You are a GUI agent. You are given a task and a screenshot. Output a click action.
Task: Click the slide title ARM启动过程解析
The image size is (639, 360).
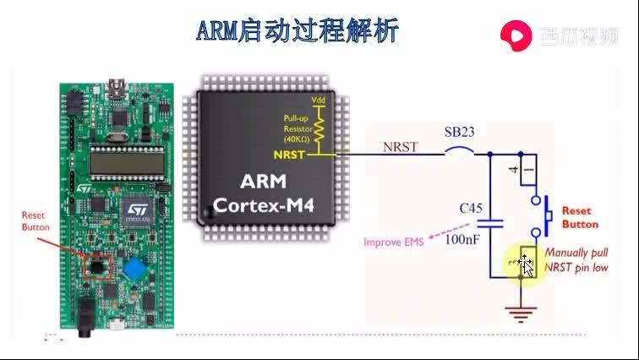tap(298, 31)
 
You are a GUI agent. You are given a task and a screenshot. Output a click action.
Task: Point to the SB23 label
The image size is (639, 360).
tap(460, 133)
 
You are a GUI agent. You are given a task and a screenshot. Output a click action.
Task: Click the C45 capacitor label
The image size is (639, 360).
tap(471, 207)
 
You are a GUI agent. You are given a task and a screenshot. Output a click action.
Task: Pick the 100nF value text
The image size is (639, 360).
tap(464, 240)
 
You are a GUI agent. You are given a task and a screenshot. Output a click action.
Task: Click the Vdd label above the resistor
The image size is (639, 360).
tap(319, 100)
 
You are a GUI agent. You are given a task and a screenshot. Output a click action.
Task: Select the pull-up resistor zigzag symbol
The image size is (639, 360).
tap(319, 128)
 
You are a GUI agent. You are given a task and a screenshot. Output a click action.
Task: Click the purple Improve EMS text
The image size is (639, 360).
tap(394, 243)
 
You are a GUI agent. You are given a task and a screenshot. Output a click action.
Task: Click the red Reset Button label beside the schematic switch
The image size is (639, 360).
tap(580, 217)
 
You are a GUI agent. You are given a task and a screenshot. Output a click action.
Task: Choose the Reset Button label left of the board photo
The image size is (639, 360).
tap(35, 221)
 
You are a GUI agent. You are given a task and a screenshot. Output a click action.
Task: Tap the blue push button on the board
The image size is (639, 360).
tap(134, 270)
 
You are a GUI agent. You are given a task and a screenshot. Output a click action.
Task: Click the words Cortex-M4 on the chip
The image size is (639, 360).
tap(263, 205)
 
